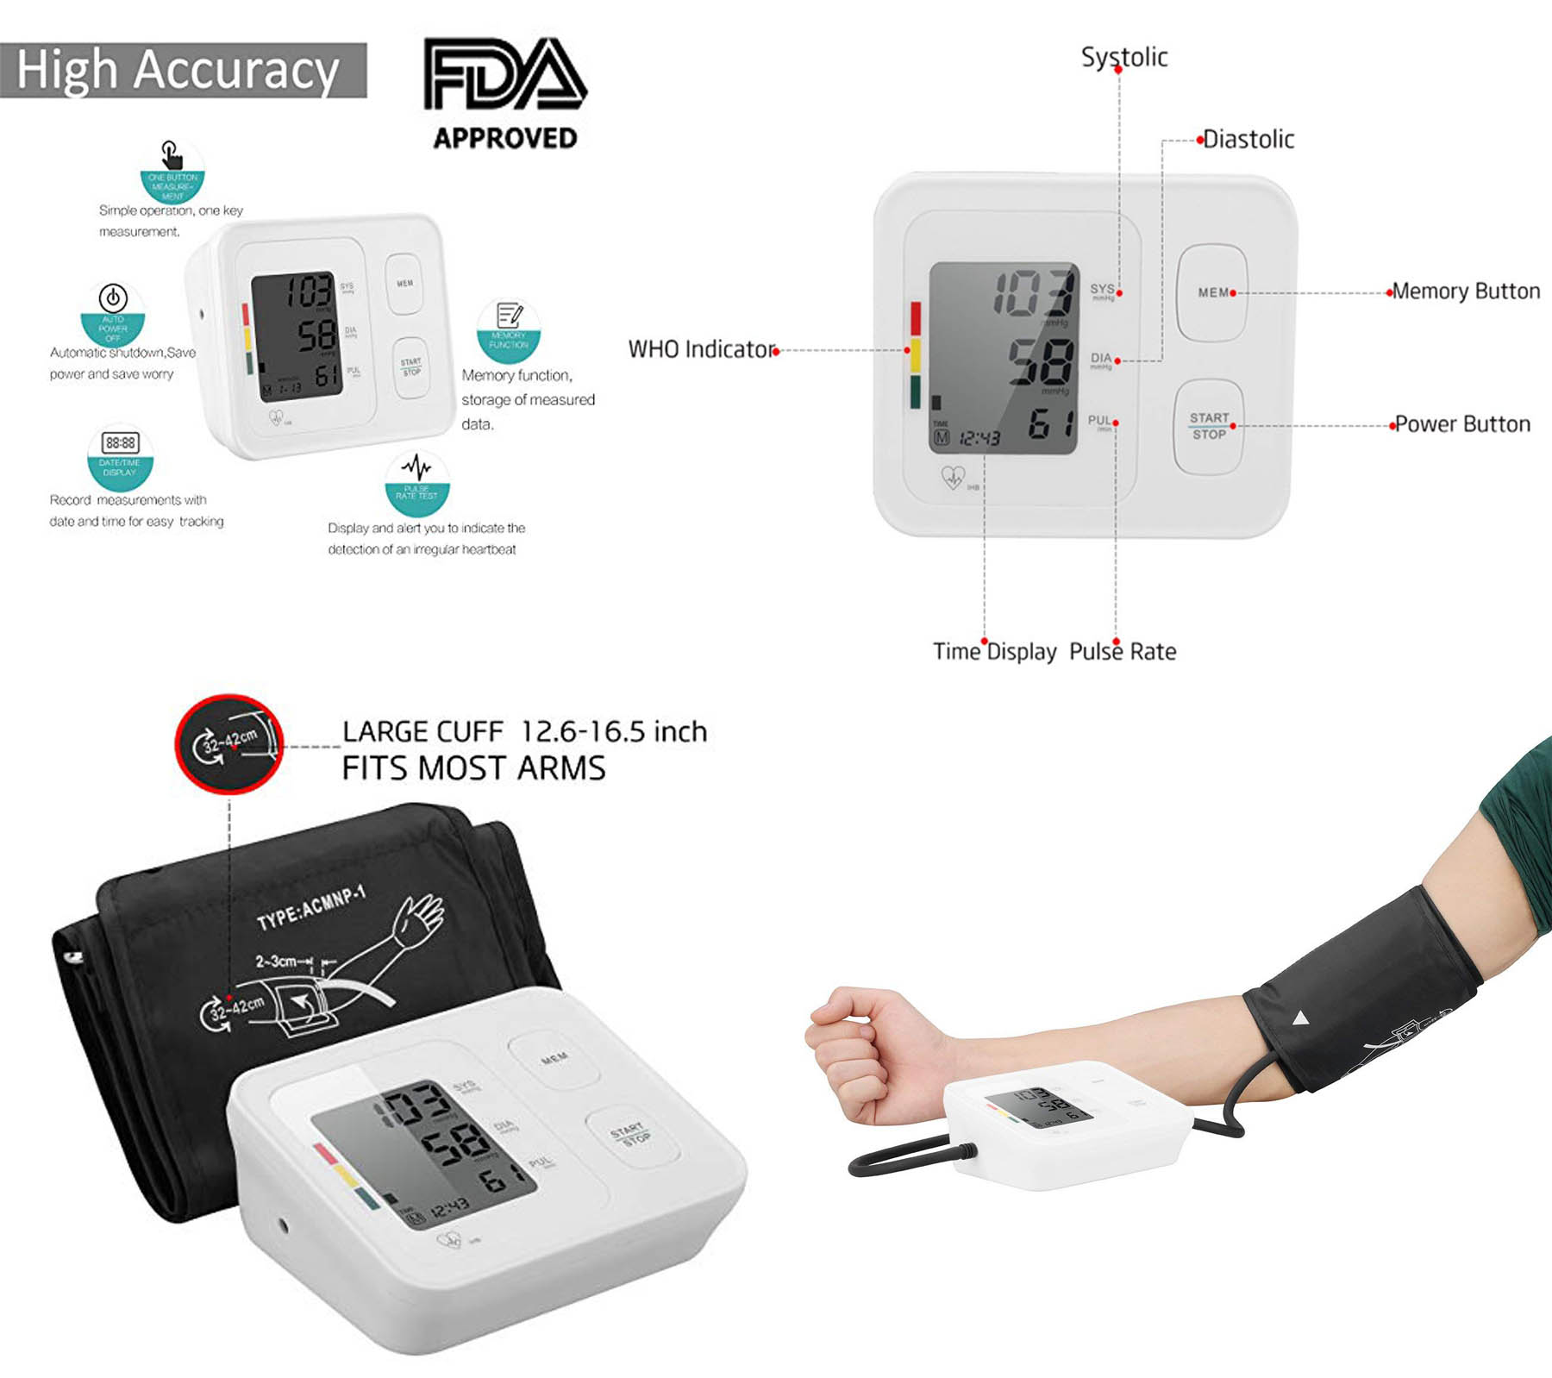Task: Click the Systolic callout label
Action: click(x=1124, y=57)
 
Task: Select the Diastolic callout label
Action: click(x=1248, y=139)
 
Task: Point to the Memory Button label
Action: click(x=1466, y=291)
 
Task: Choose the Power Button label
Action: click(x=1462, y=424)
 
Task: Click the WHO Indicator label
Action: click(x=702, y=349)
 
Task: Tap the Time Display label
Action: click(x=994, y=651)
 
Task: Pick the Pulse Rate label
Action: click(x=1123, y=651)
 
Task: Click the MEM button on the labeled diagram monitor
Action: click(x=1212, y=293)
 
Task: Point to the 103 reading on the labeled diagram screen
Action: click(x=1035, y=292)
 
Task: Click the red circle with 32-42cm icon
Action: click(x=229, y=744)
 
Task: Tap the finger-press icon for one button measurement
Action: click(x=172, y=156)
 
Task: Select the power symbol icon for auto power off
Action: click(x=113, y=298)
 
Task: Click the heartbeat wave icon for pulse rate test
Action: click(x=417, y=468)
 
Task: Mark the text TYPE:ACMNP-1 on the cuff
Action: click(x=311, y=907)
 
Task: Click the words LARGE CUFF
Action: click(x=422, y=732)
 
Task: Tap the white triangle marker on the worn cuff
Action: click(x=1301, y=1019)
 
